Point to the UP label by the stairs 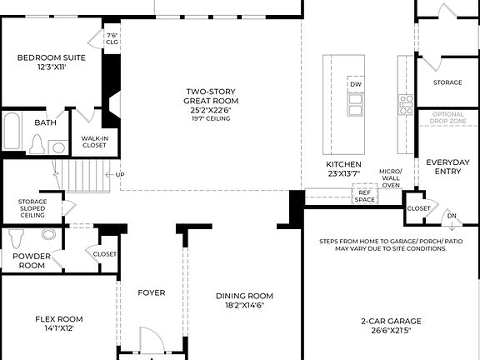coord(120,175)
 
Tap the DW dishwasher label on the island coord(356,85)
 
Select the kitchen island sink coord(356,104)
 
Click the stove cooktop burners coord(407,104)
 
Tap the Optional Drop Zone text coord(447,122)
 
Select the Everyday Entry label coord(447,167)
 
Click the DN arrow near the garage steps coord(451,216)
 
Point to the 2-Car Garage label coord(391,321)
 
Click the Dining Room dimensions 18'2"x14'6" coord(244,306)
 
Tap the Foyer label coord(151,292)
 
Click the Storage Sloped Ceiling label coord(32,208)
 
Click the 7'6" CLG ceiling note coord(112,38)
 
